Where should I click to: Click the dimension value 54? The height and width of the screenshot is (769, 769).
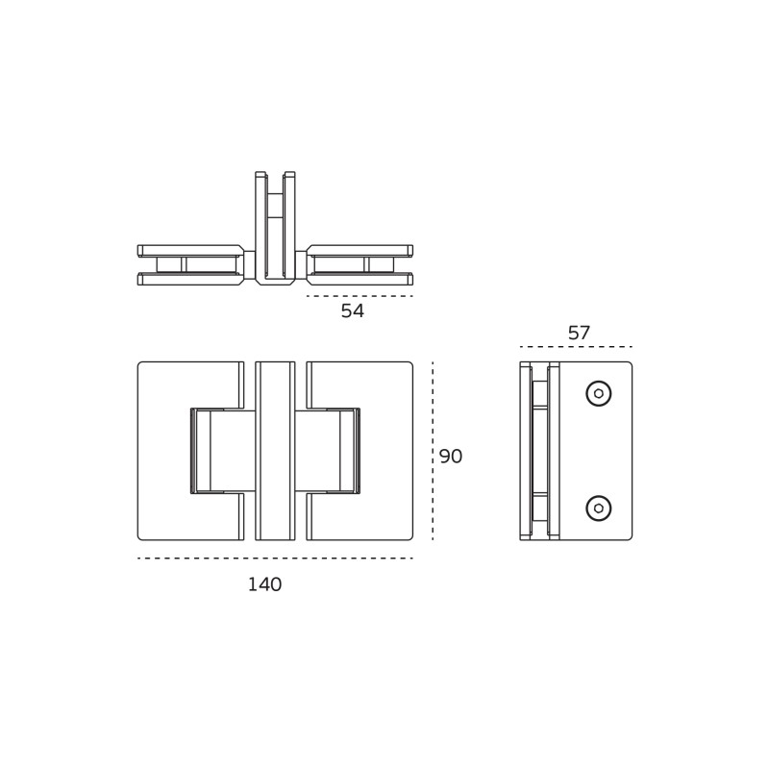[x=353, y=310]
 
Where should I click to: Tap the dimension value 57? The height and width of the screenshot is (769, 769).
[x=579, y=333]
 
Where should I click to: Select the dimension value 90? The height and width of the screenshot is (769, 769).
[x=451, y=456]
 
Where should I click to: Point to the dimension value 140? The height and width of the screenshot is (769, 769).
[x=265, y=584]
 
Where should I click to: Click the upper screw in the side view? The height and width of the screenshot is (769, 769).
[x=599, y=393]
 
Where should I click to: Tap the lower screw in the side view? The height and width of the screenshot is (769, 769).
[x=599, y=509]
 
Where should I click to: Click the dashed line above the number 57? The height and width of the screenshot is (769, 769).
[x=576, y=347]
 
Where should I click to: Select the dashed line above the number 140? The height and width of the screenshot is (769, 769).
[x=275, y=558]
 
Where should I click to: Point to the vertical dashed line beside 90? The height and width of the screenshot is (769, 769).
[x=433, y=451]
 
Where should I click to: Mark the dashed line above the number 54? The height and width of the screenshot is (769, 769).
[x=360, y=296]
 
